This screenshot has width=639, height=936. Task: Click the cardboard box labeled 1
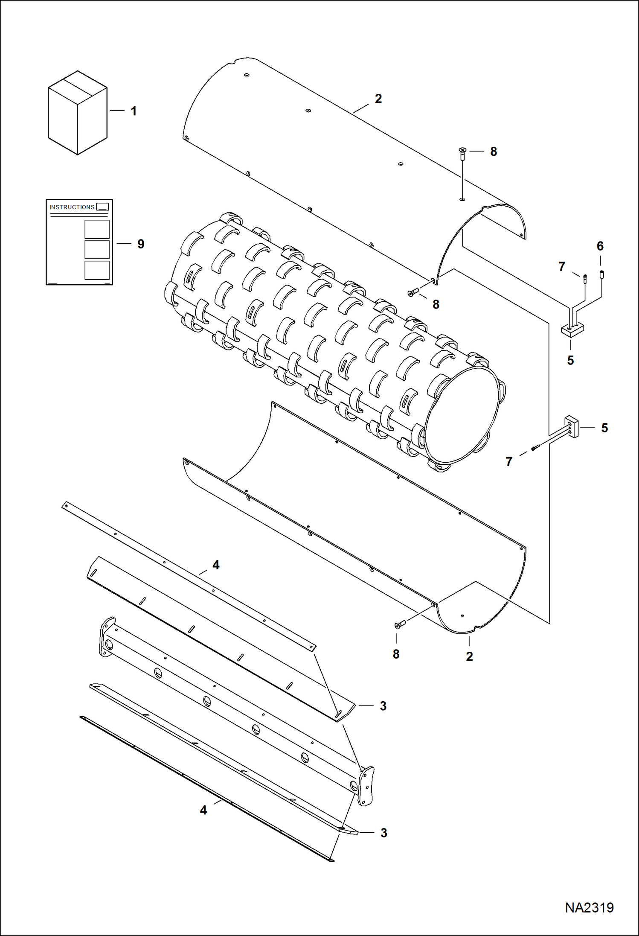tap(77, 113)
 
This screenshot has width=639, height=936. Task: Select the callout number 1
tap(134, 111)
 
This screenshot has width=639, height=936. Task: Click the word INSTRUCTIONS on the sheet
tap(72, 207)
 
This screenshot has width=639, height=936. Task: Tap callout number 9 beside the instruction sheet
tap(141, 244)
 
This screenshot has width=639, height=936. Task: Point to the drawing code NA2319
tap(589, 907)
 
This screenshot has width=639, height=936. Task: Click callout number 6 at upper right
tap(600, 246)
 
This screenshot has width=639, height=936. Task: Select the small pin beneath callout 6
tap(601, 274)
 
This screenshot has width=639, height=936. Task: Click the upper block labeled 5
tap(572, 329)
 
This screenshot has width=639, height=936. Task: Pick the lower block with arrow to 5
tap(572, 426)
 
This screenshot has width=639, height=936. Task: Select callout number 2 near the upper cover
tap(378, 99)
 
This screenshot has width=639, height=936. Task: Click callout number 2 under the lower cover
tap(469, 656)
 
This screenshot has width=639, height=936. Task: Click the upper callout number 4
tap(216, 565)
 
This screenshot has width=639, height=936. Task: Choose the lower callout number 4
tap(203, 810)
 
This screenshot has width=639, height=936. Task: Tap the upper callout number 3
tap(383, 706)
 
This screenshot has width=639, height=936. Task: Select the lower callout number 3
tap(383, 833)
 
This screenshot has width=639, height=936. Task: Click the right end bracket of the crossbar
tap(366, 786)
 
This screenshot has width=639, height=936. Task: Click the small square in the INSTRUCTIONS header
tap(102, 207)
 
